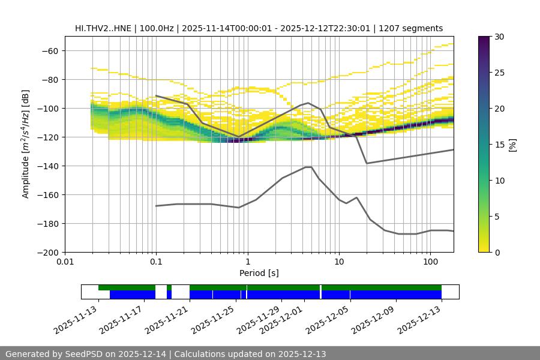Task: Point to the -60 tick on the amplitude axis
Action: (x=50, y=50)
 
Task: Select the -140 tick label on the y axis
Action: (x=48, y=166)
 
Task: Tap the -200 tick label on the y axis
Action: (x=48, y=252)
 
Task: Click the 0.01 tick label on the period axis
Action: (x=65, y=262)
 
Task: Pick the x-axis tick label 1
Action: (x=247, y=262)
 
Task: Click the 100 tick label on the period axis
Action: (x=430, y=262)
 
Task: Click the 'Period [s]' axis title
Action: (x=259, y=273)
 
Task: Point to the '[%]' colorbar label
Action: (x=513, y=145)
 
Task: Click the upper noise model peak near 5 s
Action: (x=308, y=103)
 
